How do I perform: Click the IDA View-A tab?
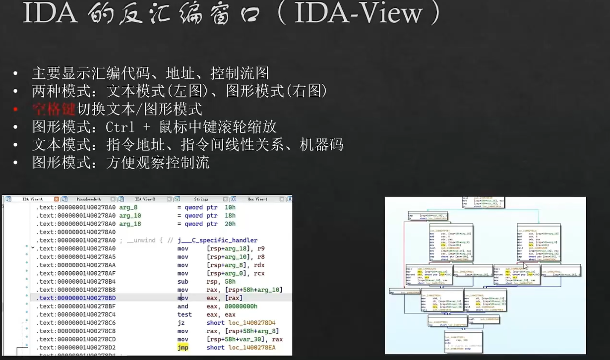click(33, 199)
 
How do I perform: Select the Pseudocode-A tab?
click(89, 199)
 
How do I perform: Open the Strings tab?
click(201, 199)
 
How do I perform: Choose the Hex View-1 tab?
click(257, 199)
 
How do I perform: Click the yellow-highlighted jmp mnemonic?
click(183, 348)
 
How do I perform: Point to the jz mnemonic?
click(181, 323)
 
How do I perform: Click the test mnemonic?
click(184, 314)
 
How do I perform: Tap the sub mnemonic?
click(183, 282)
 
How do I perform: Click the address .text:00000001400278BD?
click(76, 298)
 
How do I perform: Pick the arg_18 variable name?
click(130, 224)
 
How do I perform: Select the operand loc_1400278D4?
click(241, 323)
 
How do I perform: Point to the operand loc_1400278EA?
click(241, 348)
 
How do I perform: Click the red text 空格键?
click(54, 109)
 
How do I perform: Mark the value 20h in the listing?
click(230, 224)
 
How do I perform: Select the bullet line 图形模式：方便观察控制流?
click(121, 163)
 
